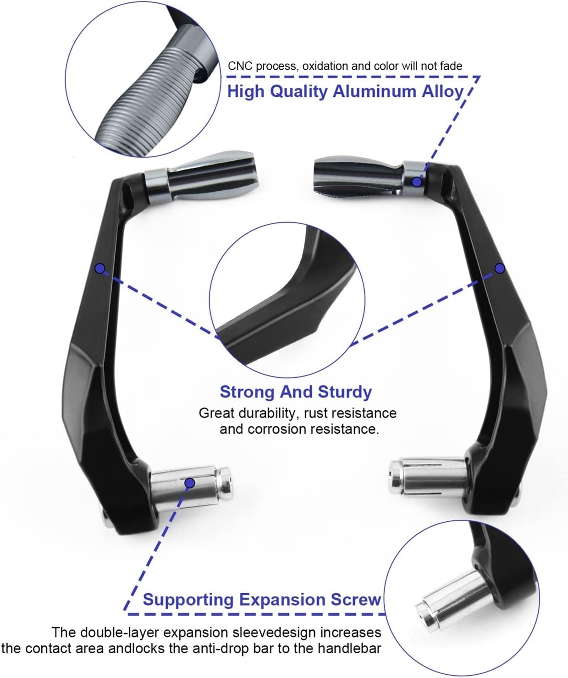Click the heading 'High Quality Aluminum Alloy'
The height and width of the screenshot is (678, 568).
tap(346, 91)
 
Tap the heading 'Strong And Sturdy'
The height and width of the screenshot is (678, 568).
tap(296, 392)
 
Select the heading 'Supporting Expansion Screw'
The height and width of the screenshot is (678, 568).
tap(262, 600)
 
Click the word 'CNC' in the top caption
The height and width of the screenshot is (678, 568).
tap(240, 66)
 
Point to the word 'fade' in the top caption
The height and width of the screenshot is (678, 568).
tap(451, 66)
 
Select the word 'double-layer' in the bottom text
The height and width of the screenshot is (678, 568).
tap(120, 633)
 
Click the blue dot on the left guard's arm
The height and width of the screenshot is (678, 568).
tap(100, 268)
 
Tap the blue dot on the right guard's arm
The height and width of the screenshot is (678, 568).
tap(500, 268)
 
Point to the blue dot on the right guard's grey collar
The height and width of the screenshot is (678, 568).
tap(417, 182)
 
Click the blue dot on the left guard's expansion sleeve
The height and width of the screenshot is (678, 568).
tap(190, 482)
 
